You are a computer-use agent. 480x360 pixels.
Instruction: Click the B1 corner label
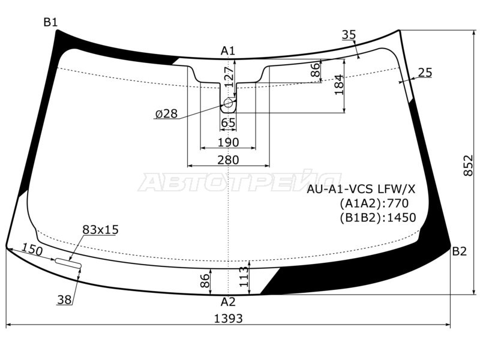(50, 22)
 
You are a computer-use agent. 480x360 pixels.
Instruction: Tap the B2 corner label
(460, 251)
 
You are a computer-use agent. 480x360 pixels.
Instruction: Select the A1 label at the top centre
(228, 51)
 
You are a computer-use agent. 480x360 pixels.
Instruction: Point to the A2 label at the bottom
(228, 302)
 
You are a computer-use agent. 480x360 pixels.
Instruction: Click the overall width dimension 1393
(228, 319)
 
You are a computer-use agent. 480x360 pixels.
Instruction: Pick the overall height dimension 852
(468, 166)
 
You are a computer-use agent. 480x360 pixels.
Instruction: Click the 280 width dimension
(228, 160)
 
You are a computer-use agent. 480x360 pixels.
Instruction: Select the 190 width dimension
(228, 142)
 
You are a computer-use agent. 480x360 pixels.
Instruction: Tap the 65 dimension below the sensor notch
(228, 123)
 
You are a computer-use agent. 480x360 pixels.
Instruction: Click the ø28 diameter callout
(167, 114)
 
